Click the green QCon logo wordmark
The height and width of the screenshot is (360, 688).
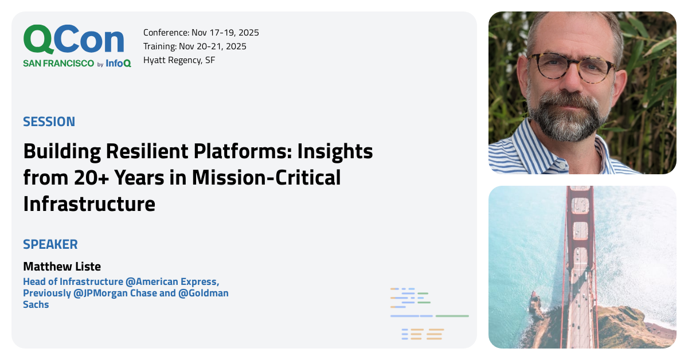point(73,40)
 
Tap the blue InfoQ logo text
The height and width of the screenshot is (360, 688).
point(118,64)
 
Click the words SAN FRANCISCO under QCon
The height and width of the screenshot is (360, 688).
point(58,64)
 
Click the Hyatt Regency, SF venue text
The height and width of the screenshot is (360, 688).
point(179,60)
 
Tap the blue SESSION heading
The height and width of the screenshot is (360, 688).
point(49,122)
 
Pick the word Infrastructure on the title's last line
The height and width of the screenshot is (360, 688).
point(89,204)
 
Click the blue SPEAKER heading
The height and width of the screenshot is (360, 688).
point(50,244)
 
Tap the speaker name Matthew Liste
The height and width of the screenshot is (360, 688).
point(61,267)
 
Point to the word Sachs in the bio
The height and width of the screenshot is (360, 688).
point(36,305)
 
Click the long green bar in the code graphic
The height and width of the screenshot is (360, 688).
point(452,316)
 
